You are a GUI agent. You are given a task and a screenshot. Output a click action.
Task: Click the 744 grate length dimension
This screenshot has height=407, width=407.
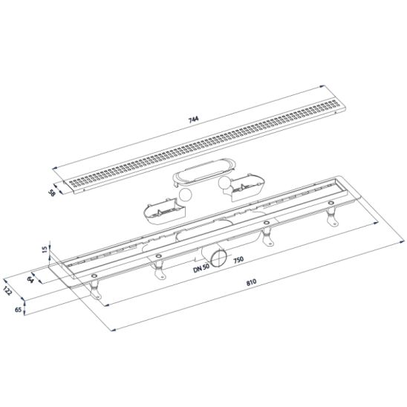[x=193, y=120]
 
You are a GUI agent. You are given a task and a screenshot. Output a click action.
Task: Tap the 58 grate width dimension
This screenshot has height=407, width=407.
[x=52, y=192]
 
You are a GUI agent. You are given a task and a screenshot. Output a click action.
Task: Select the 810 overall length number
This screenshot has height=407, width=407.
[x=251, y=282]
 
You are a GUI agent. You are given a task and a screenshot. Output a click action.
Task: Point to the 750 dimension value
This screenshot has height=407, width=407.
[x=238, y=259]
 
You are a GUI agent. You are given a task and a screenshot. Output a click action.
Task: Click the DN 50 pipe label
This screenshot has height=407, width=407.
[x=201, y=268]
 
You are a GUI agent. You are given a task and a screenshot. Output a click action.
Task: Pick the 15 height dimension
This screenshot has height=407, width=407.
[x=45, y=250]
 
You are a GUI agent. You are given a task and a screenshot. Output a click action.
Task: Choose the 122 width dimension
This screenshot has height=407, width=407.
[x=7, y=290]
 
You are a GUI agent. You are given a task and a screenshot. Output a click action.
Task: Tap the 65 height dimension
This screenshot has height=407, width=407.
[x=18, y=310]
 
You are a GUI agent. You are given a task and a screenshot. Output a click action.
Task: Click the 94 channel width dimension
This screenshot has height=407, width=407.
[x=31, y=279]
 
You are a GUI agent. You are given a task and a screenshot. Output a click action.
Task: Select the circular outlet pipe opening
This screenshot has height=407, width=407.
[x=218, y=258]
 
